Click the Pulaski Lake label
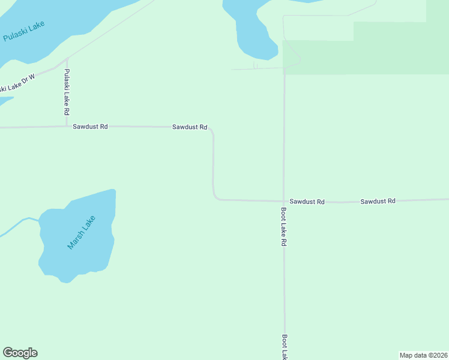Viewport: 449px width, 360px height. pos(24,31)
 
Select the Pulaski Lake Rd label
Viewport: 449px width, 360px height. pos(67,92)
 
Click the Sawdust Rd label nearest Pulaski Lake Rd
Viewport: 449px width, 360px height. pos(90,127)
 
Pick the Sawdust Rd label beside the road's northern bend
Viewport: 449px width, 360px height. pos(190,127)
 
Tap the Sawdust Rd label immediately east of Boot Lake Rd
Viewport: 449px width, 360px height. pos(307,202)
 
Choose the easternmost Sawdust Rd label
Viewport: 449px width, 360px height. pos(378,201)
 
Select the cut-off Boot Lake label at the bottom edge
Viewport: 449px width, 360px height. pos(285,347)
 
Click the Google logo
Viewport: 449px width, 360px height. pos(20,353)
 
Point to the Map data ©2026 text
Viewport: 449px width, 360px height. pos(423,355)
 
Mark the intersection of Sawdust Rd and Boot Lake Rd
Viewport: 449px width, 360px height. pos(284,201)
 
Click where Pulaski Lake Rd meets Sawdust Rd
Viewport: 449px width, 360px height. pos(67,126)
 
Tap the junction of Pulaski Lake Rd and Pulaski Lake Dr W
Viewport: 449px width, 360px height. pos(67,59)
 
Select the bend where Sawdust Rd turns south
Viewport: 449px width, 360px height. pos(211,130)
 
